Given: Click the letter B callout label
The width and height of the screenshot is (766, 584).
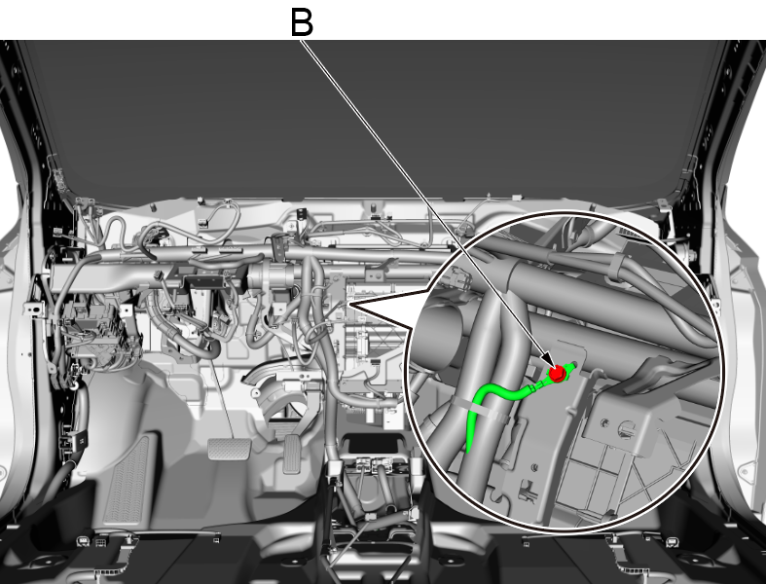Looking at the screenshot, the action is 302,22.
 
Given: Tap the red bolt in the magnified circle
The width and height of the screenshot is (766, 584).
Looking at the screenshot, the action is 558,374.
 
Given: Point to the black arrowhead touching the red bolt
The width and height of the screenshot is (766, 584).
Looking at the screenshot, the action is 549,363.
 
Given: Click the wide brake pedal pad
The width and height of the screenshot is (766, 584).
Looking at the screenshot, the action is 229,449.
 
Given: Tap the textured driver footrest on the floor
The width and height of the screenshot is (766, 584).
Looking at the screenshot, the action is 128,479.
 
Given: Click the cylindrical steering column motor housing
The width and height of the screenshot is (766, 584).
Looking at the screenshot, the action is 272,278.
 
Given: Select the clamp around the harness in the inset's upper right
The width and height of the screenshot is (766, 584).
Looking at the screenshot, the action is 615,268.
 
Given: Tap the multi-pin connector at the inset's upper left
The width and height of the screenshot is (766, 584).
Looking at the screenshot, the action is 460,279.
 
